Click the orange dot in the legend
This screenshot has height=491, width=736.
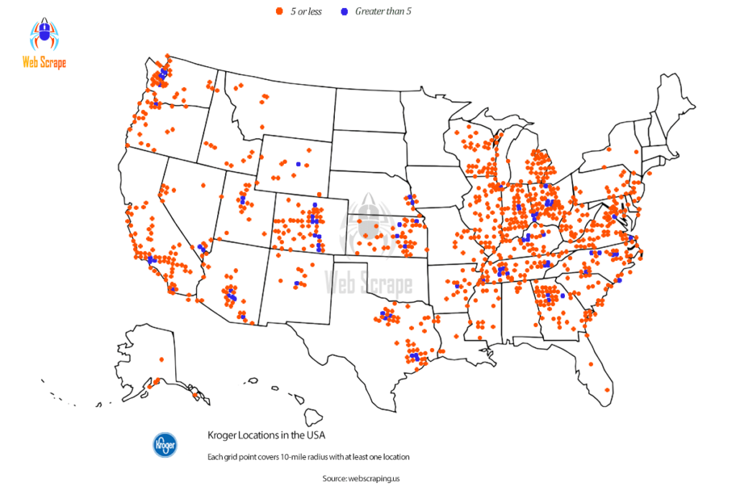(x=278, y=12)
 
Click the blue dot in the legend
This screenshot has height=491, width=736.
(x=344, y=12)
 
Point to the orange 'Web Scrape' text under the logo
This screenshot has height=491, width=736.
(x=44, y=63)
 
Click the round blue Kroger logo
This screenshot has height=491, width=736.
(x=165, y=444)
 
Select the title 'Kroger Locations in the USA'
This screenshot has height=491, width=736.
(x=266, y=435)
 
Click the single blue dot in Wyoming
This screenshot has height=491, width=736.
(x=298, y=164)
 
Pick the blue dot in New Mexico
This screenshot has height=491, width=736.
(x=295, y=283)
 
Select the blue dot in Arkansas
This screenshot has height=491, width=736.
(x=456, y=285)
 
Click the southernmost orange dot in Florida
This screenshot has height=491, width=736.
(x=607, y=390)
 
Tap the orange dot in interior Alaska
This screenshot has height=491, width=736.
(x=161, y=359)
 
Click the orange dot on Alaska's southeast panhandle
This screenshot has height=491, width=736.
(x=195, y=394)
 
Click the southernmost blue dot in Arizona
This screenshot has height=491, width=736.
(x=243, y=316)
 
